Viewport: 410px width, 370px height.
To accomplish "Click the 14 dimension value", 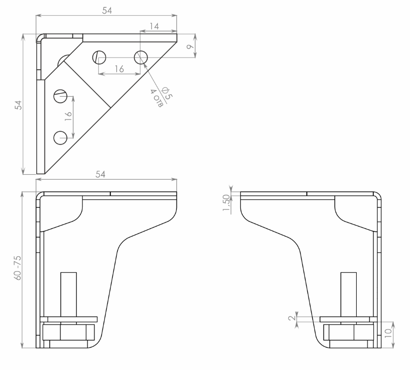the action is tap(154, 26).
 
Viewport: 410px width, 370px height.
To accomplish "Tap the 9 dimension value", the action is tap(191, 47).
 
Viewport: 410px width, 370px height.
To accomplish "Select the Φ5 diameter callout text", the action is tap(167, 93).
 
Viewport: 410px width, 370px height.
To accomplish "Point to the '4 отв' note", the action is tap(157, 98).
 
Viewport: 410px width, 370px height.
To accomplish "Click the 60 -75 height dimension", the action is tap(18, 268).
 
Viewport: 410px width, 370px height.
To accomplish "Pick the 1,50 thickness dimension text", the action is tap(226, 203).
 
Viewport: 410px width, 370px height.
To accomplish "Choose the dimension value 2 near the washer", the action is tap(292, 318).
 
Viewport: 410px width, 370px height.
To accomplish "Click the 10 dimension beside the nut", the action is tap(388, 333).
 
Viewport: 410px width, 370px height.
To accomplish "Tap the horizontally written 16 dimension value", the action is tap(119, 69).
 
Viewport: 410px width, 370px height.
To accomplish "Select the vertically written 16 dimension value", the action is tap(68, 116).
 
